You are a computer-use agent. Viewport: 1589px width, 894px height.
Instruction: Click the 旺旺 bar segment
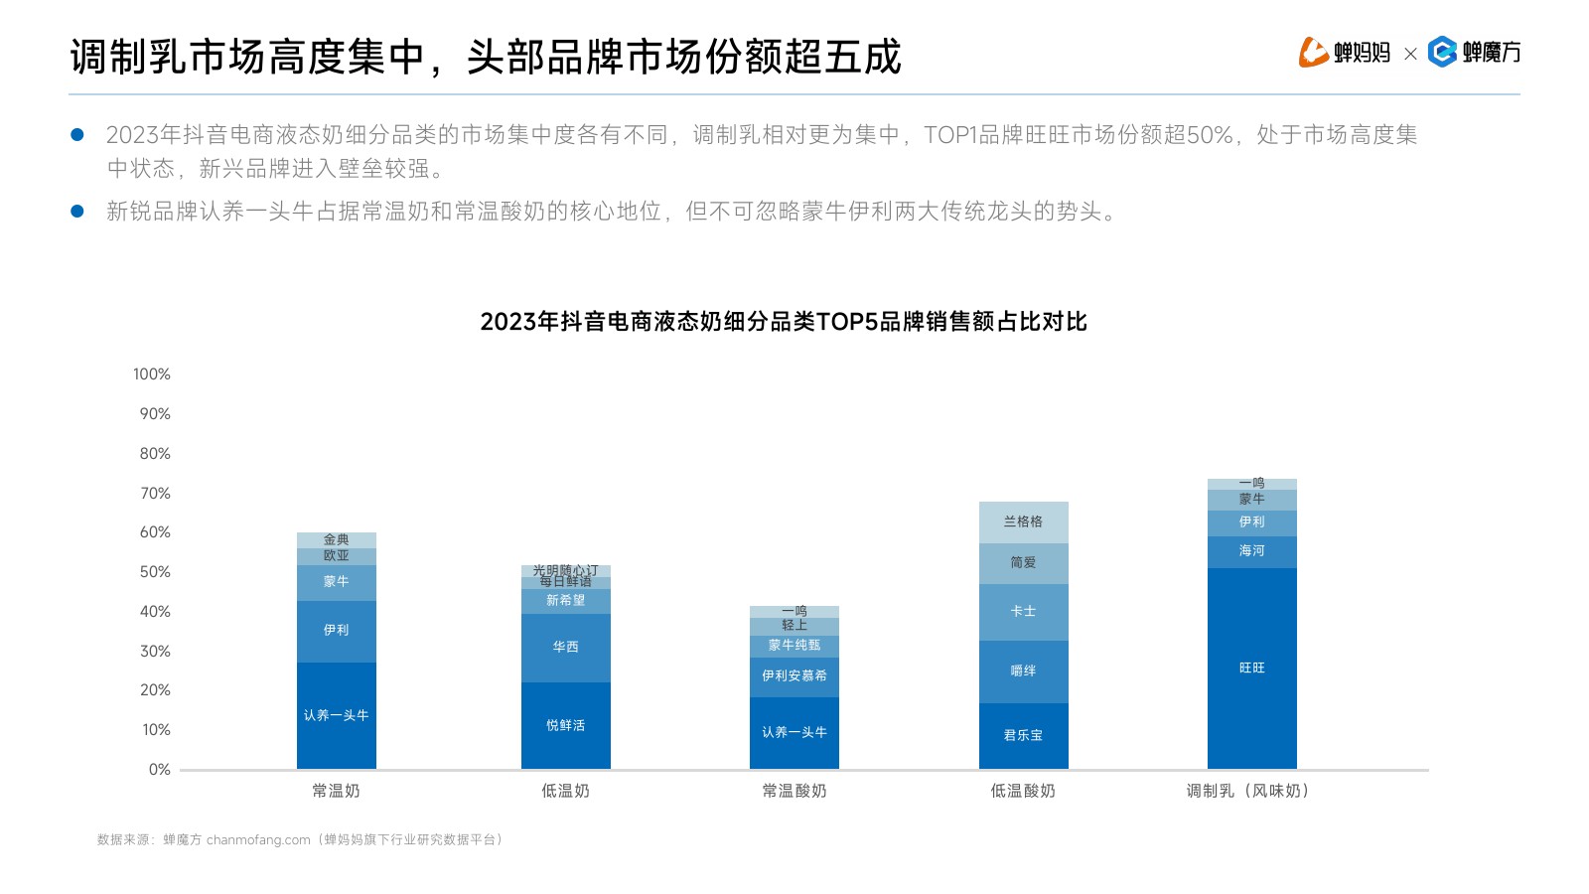click(x=1251, y=668)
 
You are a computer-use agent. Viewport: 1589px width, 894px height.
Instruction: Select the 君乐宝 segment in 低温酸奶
click(x=1023, y=736)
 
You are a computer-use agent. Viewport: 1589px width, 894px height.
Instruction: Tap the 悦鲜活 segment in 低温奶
click(x=565, y=725)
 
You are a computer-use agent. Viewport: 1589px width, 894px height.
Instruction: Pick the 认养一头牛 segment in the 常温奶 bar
click(x=336, y=715)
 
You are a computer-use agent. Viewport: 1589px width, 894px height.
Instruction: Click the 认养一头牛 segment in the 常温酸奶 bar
click(x=794, y=732)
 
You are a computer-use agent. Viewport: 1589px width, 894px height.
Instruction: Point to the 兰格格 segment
click(x=1023, y=521)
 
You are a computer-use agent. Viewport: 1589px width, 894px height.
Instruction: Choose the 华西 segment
click(x=565, y=647)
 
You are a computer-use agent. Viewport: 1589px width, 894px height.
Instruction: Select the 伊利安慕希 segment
click(x=794, y=675)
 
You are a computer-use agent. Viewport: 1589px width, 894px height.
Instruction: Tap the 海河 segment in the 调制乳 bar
click(x=1251, y=551)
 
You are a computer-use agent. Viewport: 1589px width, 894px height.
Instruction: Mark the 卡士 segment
click(x=1023, y=612)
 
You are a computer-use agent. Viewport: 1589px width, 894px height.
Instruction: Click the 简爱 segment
click(x=1023, y=563)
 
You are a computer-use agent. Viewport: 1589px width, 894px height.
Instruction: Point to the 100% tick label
click(x=152, y=374)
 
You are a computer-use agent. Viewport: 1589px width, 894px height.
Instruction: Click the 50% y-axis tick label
click(x=155, y=572)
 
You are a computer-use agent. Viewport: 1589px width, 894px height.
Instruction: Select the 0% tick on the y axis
click(x=160, y=770)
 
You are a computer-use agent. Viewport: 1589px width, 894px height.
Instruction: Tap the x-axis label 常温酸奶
click(x=794, y=792)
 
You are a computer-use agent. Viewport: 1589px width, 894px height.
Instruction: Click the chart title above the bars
click(x=784, y=322)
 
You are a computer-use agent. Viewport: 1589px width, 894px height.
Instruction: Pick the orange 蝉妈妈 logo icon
click(x=1313, y=52)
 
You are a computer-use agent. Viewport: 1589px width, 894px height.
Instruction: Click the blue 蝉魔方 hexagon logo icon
click(x=1442, y=52)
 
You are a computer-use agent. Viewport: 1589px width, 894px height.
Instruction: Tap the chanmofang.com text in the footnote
click(x=258, y=840)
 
